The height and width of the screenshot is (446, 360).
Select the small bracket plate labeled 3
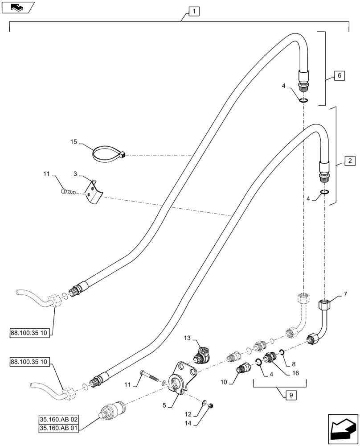point(94,192)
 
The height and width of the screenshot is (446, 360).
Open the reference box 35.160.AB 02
point(61,420)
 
